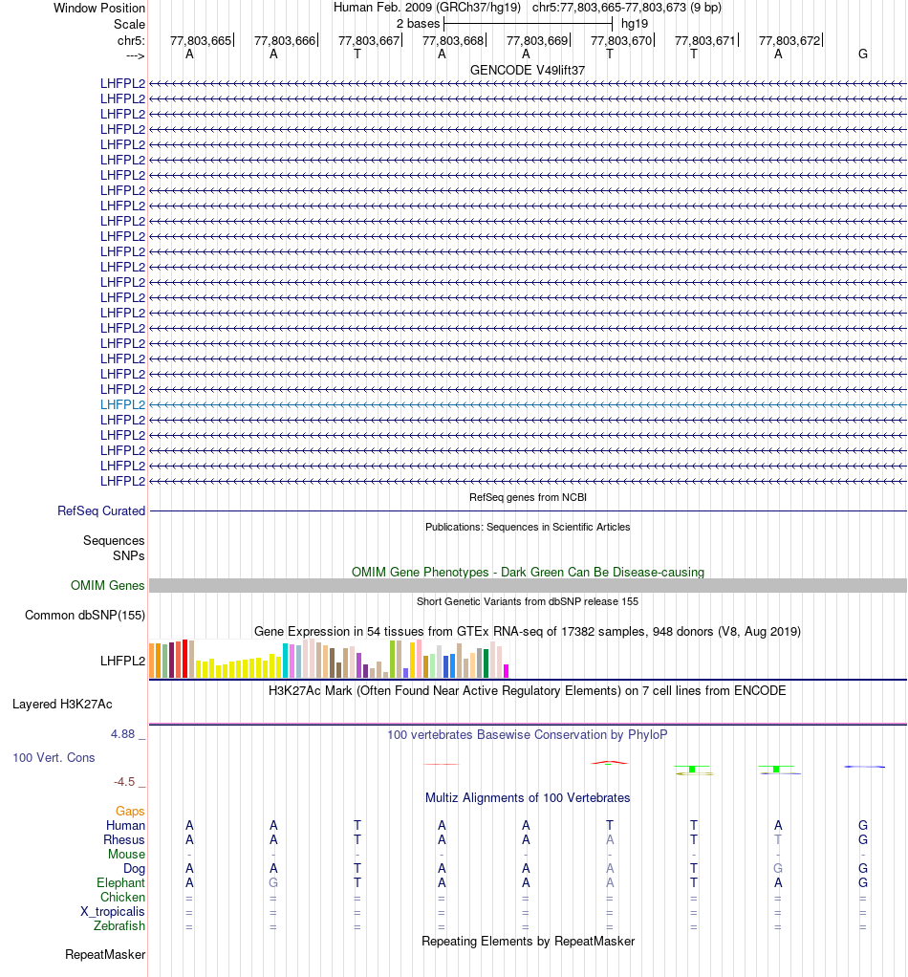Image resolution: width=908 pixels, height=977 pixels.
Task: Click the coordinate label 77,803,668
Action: tap(452, 40)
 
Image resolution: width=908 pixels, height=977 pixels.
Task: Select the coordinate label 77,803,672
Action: tap(789, 40)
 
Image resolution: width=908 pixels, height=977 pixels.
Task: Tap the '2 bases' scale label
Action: tap(418, 23)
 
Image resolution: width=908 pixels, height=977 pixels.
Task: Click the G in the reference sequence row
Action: tap(863, 54)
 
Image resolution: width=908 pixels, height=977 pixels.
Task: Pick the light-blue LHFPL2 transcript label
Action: tap(122, 404)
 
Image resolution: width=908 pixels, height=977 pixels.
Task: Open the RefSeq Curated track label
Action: tap(101, 511)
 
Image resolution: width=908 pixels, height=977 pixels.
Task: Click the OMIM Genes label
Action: tap(108, 585)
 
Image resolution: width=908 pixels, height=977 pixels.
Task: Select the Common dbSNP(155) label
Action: tap(85, 615)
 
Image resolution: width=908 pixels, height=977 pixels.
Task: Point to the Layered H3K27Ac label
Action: tap(62, 705)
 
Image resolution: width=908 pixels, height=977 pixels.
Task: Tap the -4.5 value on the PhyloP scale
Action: tap(126, 781)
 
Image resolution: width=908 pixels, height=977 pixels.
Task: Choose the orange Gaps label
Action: tap(130, 811)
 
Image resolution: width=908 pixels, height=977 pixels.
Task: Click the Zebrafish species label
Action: tap(119, 925)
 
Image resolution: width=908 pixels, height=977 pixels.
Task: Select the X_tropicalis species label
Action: tap(113, 911)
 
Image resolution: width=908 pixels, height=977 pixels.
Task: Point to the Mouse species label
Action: tap(126, 854)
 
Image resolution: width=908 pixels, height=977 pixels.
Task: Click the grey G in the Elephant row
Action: tap(273, 882)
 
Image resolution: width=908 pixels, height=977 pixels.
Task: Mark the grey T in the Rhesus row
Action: tap(778, 839)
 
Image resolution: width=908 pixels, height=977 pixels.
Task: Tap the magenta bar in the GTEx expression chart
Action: tap(507, 670)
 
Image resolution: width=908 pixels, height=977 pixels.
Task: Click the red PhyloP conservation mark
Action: tap(609, 762)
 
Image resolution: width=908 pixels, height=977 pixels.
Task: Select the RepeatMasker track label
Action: tap(105, 954)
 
